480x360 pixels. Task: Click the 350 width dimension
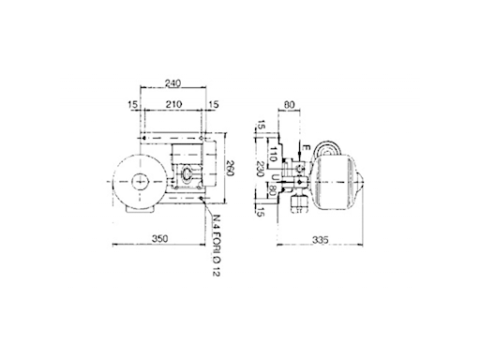[x=160, y=239]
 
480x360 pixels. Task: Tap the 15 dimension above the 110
[x=262, y=127]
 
